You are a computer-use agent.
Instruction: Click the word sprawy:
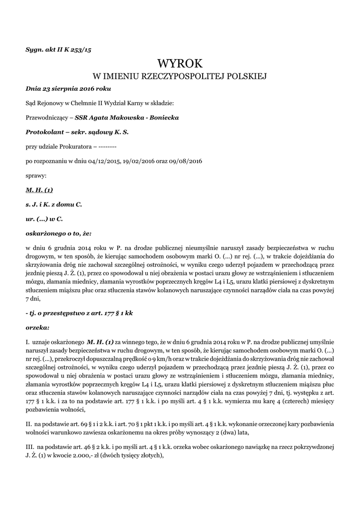36,175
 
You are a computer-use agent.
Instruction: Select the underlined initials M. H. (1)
39,190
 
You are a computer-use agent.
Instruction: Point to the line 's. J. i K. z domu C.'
54,204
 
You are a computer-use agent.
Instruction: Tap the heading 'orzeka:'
37,327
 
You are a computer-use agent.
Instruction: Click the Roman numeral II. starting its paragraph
28,425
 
